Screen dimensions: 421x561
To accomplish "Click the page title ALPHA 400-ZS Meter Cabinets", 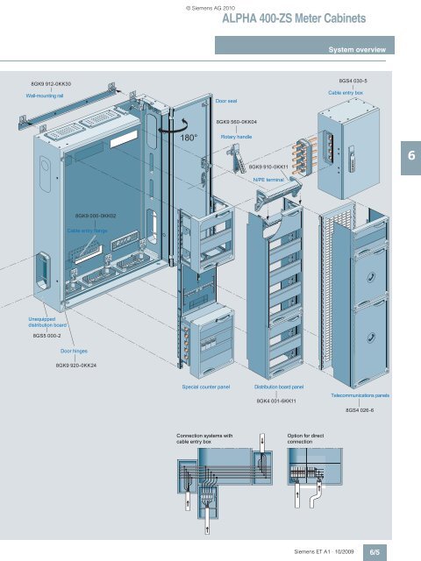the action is click(x=294, y=18).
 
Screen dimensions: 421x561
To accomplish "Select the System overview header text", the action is click(x=357, y=50).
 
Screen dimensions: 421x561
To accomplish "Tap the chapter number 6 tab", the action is click(x=411, y=155).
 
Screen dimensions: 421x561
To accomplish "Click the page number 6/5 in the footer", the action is click(x=375, y=552).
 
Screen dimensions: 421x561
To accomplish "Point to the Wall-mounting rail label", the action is click(x=45, y=96).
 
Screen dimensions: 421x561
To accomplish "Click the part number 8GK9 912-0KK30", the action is click(x=51, y=84).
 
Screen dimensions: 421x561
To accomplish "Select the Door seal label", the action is click(x=226, y=101).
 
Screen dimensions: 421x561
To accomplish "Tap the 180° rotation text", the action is click(x=189, y=138).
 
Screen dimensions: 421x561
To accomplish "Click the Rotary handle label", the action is click(x=236, y=137).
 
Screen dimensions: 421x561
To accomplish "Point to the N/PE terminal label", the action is click(x=268, y=180).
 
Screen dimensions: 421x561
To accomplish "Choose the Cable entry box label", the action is click(x=346, y=93).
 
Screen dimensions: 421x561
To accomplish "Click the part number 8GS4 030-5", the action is click(x=353, y=81).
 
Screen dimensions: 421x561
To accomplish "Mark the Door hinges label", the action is click(x=74, y=351).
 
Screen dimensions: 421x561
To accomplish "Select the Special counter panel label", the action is click(x=206, y=387).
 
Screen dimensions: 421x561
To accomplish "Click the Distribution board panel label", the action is click(x=279, y=387).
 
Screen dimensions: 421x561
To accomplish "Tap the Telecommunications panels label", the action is click(x=360, y=395).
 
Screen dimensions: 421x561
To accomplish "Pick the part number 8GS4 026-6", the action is click(x=360, y=410).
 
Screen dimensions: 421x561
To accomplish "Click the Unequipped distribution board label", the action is click(x=47, y=322).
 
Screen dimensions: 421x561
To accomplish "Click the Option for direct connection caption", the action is click(x=305, y=438).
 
